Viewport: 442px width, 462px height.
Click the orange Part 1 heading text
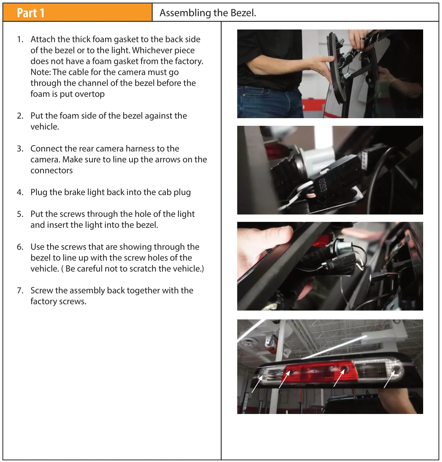[31, 13]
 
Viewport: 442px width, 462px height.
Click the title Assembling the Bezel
[208, 13]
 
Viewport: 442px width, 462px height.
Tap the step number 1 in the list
[20, 39]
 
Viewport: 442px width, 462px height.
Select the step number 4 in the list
[20, 192]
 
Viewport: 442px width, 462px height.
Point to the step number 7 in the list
[20, 291]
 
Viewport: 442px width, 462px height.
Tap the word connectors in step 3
[52, 171]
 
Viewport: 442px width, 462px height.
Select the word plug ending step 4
[182, 192]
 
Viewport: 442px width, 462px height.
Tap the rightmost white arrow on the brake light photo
[389, 379]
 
